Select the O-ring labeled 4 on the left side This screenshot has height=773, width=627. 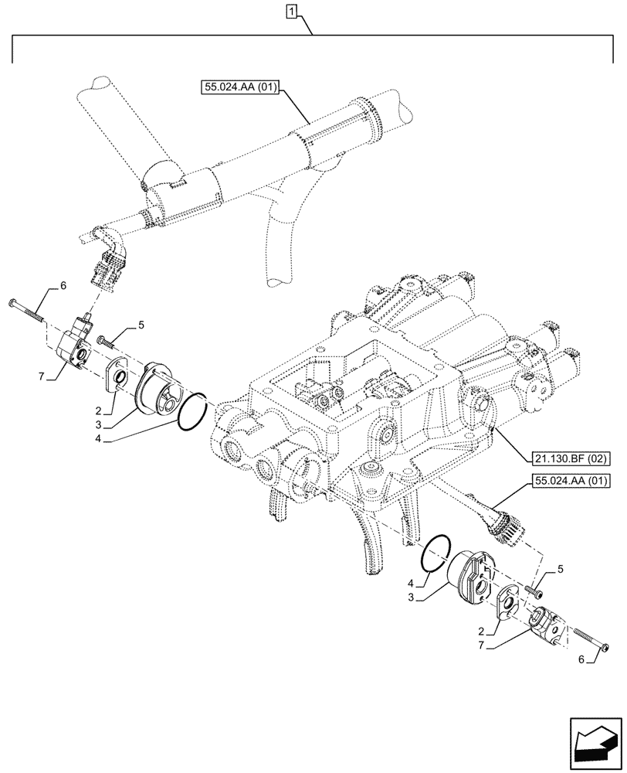coord(191,411)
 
